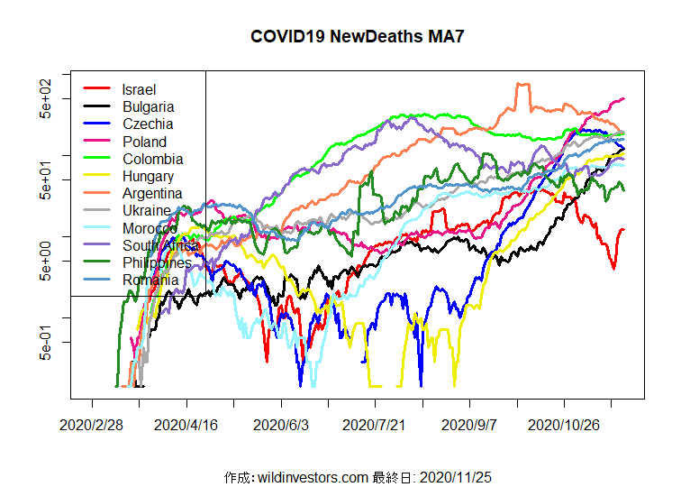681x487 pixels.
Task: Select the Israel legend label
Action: (139, 89)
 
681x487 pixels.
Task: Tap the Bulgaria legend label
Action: (149, 107)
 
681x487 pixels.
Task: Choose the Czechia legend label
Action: (148, 124)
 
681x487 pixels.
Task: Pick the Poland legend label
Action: (144, 142)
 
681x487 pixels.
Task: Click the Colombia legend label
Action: (152, 160)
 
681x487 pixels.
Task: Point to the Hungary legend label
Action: (149, 177)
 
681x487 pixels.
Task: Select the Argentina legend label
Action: (152, 194)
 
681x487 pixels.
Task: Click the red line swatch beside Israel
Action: (97, 89)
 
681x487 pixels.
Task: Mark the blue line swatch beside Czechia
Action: (97, 124)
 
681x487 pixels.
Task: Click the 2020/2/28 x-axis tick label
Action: (92, 424)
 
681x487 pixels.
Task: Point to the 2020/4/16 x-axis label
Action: (186, 424)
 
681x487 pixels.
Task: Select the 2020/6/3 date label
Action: (281, 424)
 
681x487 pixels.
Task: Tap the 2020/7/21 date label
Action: (376, 424)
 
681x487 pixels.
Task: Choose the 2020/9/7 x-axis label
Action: (469, 424)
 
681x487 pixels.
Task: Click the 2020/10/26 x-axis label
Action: (564, 424)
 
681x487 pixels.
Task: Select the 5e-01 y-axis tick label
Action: (47, 343)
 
